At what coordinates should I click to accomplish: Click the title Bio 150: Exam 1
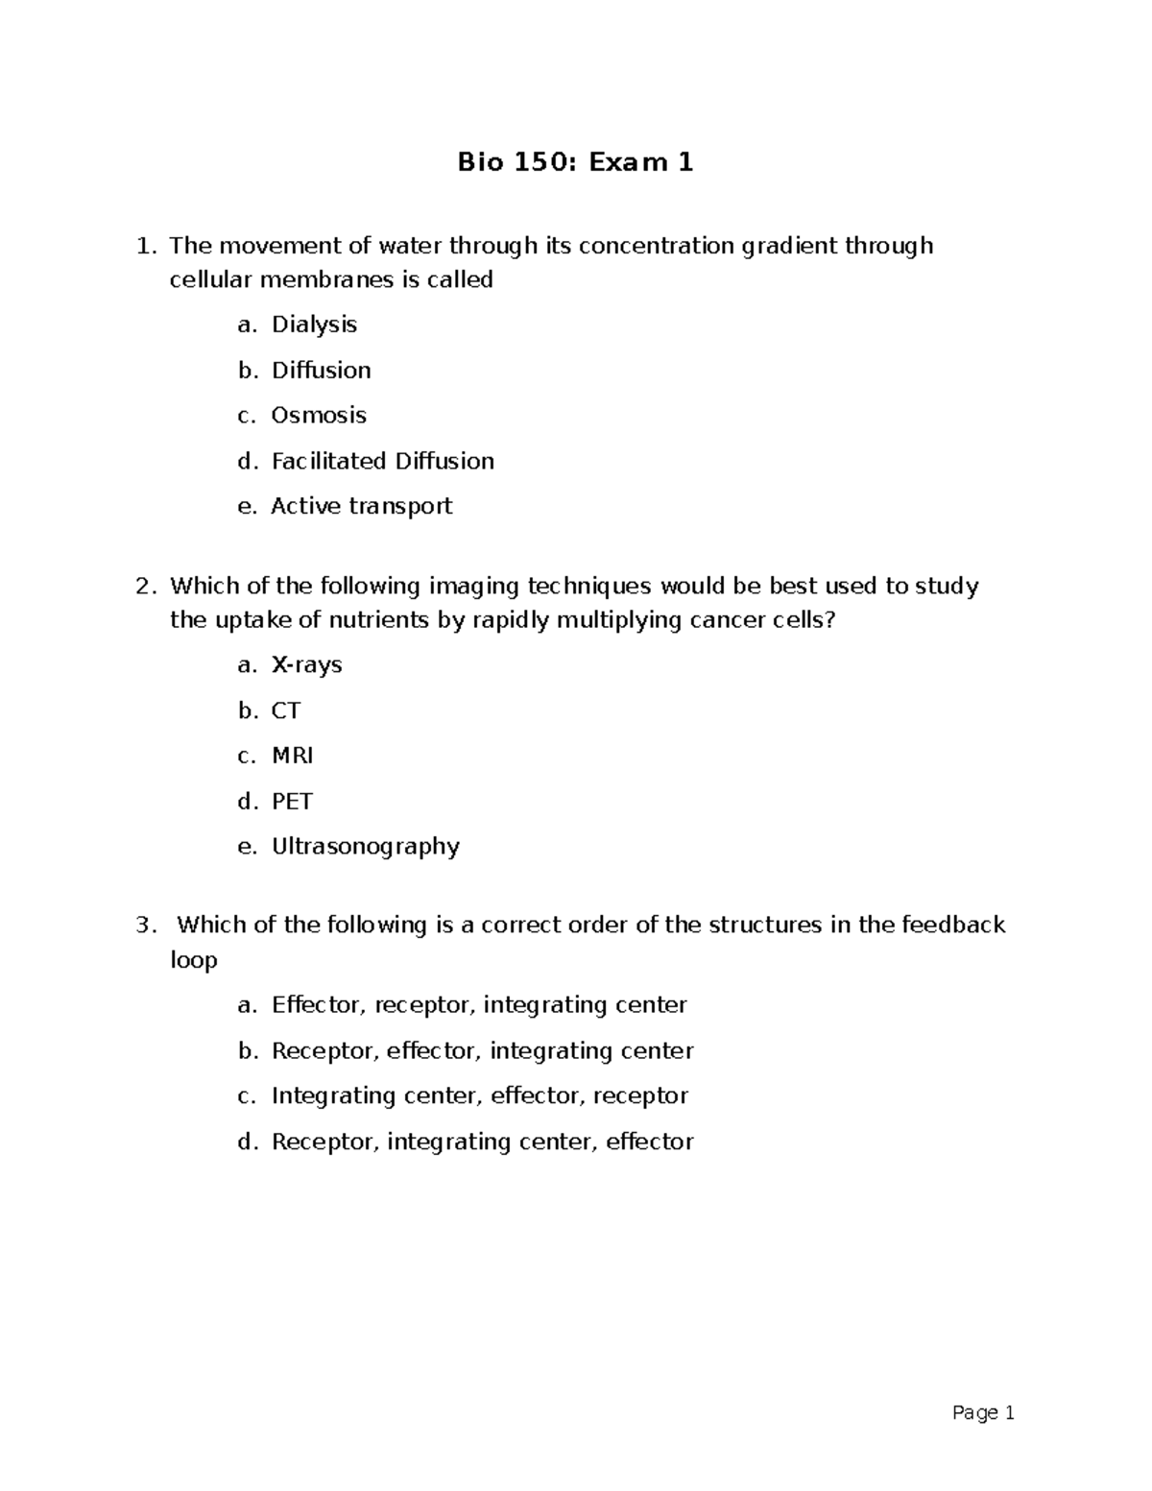(x=575, y=162)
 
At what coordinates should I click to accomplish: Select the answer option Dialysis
(x=314, y=325)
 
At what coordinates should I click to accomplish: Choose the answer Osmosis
(x=319, y=416)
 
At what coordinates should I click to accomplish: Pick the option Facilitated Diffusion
(x=382, y=461)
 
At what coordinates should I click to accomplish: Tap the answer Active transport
(x=361, y=506)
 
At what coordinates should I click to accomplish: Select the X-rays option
(x=307, y=665)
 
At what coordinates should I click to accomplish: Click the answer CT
(x=286, y=710)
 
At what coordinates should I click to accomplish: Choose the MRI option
(x=292, y=756)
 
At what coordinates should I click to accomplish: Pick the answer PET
(x=292, y=801)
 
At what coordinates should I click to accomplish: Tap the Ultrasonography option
(x=366, y=847)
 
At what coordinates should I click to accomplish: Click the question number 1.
(x=144, y=247)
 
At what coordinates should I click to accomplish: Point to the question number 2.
(x=144, y=586)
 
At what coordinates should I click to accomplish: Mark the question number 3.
(x=144, y=926)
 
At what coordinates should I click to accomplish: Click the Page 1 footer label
(x=983, y=1413)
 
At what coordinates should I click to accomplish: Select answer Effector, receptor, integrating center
(x=479, y=1005)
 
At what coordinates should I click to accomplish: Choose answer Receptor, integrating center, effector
(x=482, y=1142)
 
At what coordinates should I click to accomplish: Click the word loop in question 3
(x=194, y=960)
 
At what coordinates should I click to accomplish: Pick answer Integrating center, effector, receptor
(x=480, y=1095)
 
